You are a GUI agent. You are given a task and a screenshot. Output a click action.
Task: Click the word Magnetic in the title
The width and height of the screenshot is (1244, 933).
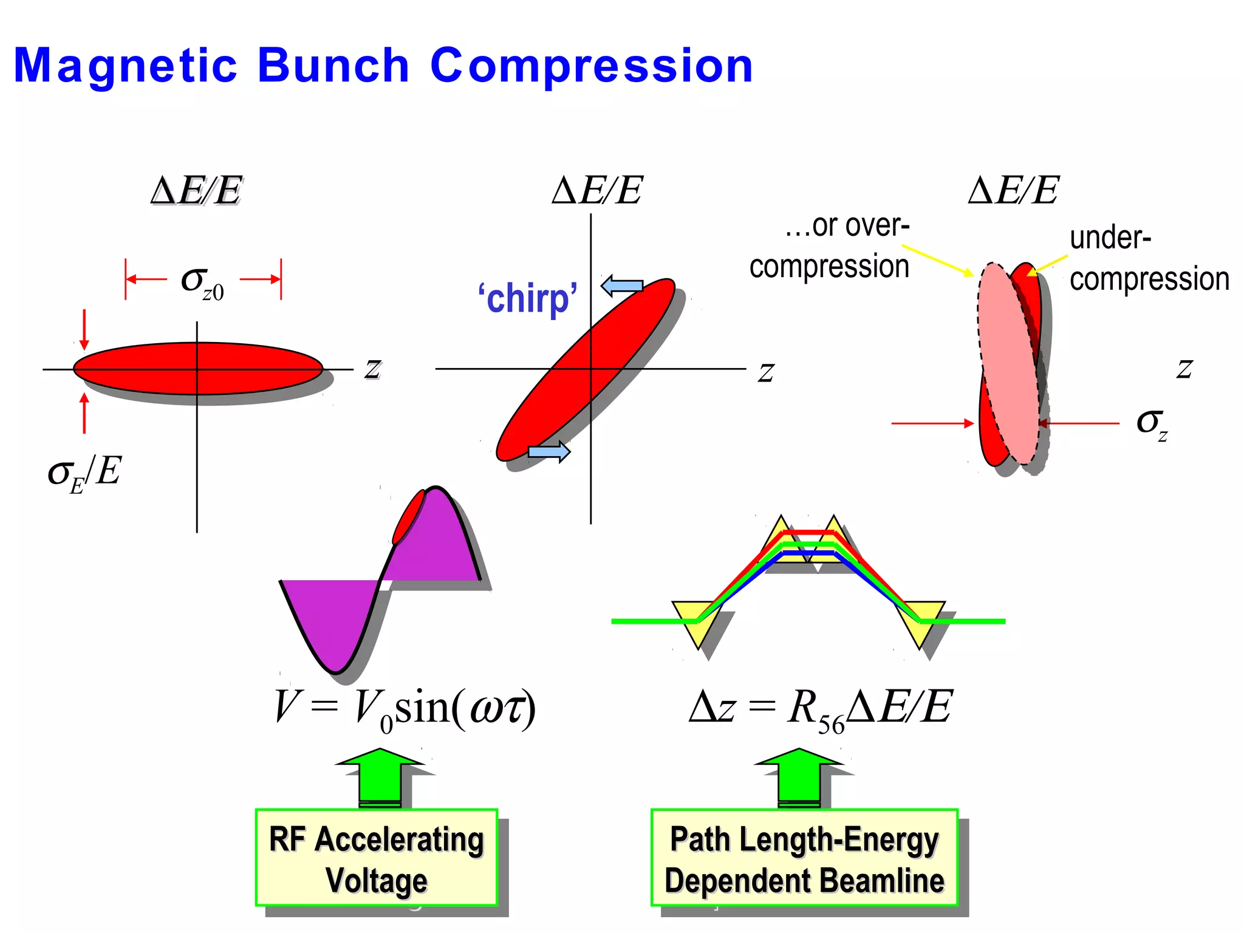[x=125, y=66]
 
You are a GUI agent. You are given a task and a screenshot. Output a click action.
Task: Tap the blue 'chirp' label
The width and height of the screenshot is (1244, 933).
[x=527, y=298]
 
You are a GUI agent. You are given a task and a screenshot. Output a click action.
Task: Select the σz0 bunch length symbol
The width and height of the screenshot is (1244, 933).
[x=202, y=282]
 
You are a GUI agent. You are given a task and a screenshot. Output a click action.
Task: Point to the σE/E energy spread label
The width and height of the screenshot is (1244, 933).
[x=84, y=473]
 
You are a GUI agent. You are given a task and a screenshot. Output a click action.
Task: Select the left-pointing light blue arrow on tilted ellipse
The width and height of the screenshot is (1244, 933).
[x=622, y=285]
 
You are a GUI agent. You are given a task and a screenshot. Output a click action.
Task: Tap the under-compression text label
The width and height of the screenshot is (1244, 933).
[x=1148, y=259]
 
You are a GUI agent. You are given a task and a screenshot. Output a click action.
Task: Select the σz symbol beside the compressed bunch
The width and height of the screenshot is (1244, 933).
[x=1152, y=423]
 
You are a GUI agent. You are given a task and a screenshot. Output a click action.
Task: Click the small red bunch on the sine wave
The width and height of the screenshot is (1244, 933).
[x=408, y=516]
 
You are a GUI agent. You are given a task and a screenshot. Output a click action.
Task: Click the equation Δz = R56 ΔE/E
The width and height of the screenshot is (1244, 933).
[x=820, y=708]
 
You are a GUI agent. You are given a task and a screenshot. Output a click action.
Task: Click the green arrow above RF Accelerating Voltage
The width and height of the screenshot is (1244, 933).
[x=380, y=777]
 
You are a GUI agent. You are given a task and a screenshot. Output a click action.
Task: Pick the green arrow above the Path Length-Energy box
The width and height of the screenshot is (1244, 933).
[x=799, y=777]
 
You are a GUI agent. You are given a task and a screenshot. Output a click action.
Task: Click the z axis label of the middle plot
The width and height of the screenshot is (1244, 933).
[x=766, y=371]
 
